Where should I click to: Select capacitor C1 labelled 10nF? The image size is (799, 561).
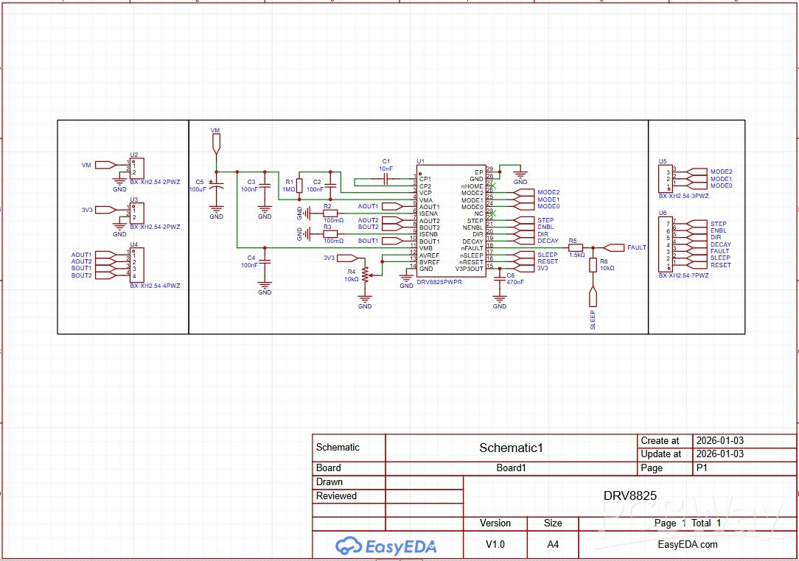click(385, 179)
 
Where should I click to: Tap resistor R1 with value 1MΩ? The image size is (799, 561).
click(299, 185)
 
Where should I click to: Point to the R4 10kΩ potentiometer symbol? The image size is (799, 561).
click(365, 275)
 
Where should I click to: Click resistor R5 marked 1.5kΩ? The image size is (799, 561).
click(576, 248)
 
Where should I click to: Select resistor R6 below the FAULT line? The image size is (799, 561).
click(593, 265)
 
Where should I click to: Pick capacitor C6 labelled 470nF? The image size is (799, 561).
click(500, 278)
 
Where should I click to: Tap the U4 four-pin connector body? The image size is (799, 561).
click(138, 265)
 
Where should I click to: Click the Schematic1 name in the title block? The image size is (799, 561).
click(511, 448)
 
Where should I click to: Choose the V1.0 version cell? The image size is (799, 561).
click(495, 545)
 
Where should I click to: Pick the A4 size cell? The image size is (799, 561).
click(552, 545)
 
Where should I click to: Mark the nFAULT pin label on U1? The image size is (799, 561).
click(471, 248)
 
